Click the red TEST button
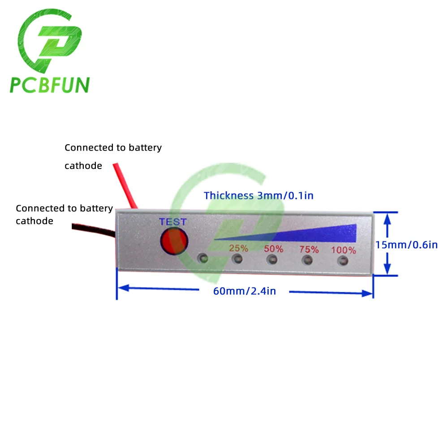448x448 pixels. [174, 241]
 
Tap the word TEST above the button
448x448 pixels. [173, 222]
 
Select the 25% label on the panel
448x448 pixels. [239, 248]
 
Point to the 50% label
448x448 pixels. [273, 249]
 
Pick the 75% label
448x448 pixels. [309, 250]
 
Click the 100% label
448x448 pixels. [344, 250]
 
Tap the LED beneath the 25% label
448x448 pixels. [237, 259]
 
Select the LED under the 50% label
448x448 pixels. [272, 260]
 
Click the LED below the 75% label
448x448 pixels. [307, 260]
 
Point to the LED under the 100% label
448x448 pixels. [343, 261]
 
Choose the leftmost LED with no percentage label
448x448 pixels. [203, 258]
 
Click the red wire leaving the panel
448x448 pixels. [125, 186]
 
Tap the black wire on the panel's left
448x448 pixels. [94, 230]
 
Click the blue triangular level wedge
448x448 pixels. [309, 234]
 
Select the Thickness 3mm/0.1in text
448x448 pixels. [258, 196]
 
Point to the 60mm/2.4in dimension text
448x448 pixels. [245, 291]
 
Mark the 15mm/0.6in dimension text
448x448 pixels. [406, 245]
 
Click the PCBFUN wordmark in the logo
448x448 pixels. [50, 85]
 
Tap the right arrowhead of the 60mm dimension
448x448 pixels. [367, 293]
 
